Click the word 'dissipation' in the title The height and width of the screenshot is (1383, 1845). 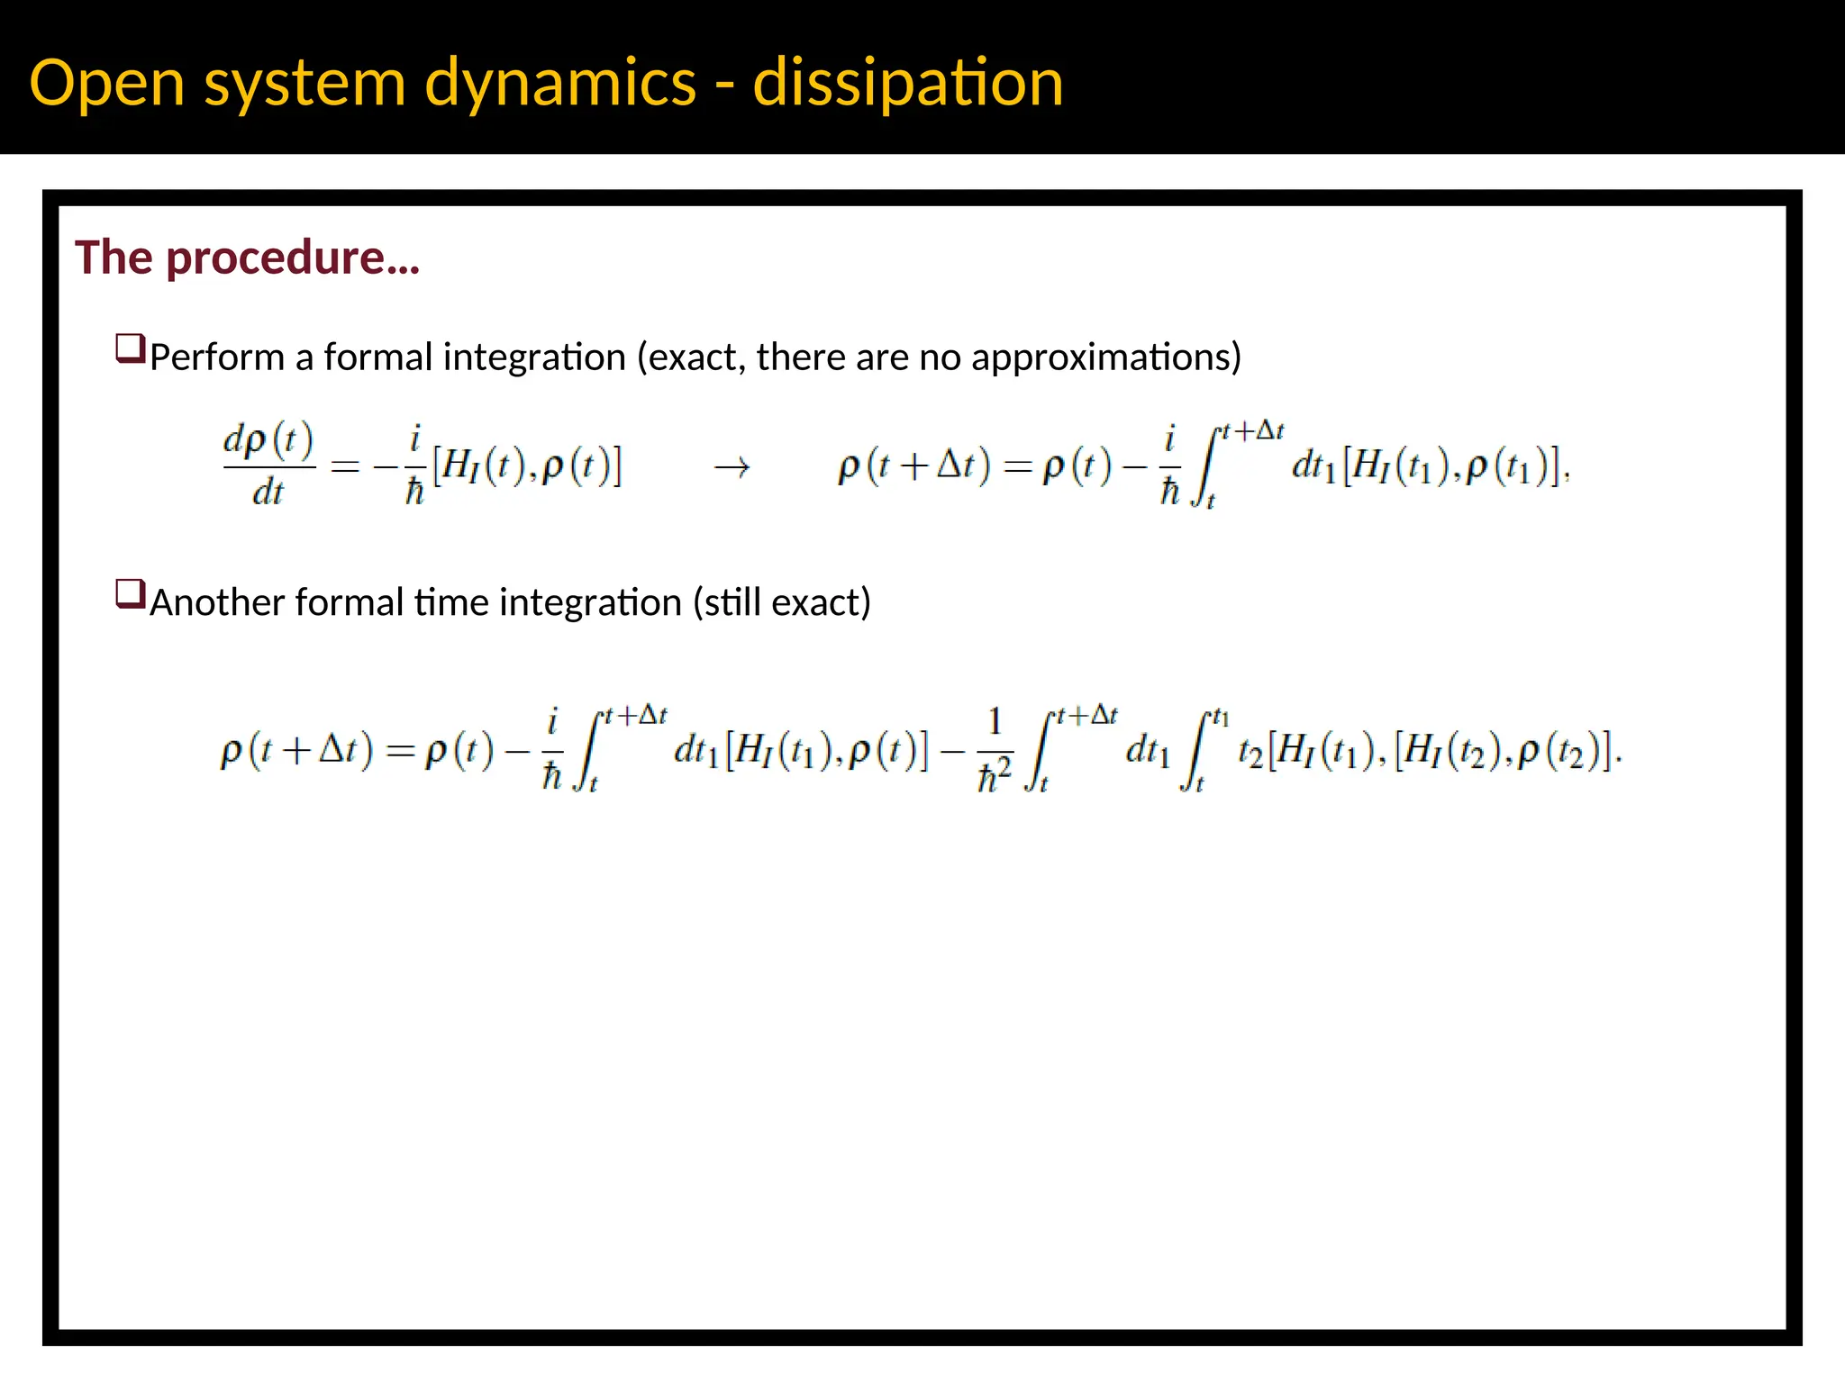907,83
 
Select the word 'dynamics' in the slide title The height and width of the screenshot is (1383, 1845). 559,83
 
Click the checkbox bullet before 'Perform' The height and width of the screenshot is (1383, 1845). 130,348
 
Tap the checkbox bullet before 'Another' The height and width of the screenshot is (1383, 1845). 130,594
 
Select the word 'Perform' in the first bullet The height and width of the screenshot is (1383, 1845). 216,357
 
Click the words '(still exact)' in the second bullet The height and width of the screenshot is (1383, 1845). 782,602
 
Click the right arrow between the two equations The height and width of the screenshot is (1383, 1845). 732,467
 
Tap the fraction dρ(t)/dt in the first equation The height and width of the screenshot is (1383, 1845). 268,466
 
